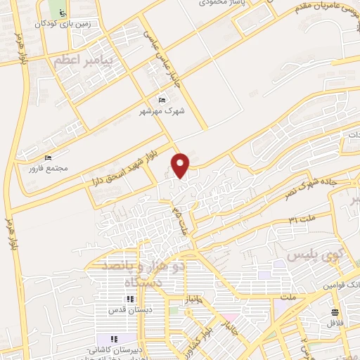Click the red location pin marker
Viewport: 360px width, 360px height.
pos(181,165)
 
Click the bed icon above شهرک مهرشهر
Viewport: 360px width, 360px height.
pos(163,101)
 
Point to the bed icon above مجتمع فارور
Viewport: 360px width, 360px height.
pos(48,157)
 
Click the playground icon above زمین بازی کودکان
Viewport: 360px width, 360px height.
pos(62,12)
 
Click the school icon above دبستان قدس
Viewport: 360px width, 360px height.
pos(129,299)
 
